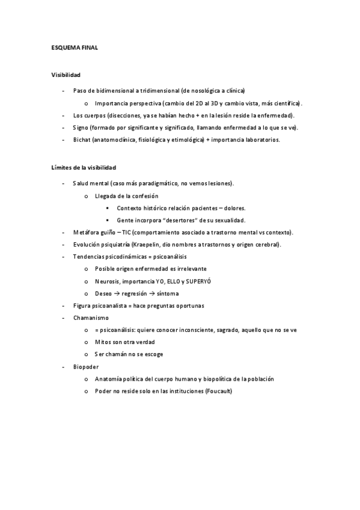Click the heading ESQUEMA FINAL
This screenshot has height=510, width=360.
pos(75,48)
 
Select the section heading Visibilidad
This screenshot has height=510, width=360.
pos(66,75)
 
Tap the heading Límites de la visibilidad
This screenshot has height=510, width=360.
pos(84,167)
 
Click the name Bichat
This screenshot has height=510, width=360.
pos(82,140)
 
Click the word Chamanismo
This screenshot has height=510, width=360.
pos(90,318)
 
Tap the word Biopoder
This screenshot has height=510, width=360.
pos(86,366)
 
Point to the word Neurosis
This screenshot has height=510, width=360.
pos(107,281)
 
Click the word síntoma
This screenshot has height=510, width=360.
pos(167,293)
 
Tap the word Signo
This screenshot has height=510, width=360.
pos(81,127)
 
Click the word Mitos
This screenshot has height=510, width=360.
pos(103,342)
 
